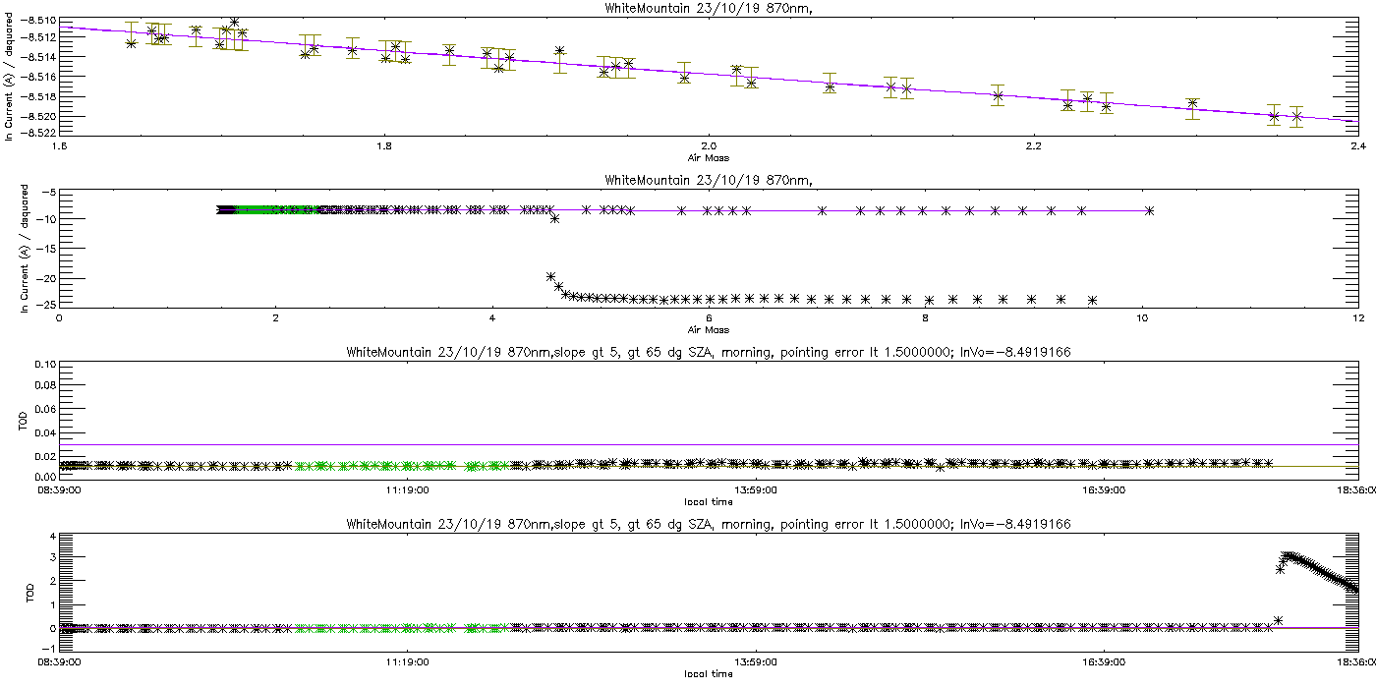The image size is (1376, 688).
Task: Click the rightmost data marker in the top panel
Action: point(1296,116)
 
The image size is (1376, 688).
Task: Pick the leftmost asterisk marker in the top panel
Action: point(132,43)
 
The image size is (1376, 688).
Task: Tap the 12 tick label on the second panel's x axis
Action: point(1357,317)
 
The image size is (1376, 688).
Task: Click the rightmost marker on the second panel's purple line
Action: point(1149,211)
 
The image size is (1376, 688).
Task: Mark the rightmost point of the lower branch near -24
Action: point(1092,300)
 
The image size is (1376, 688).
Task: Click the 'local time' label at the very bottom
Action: point(708,674)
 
